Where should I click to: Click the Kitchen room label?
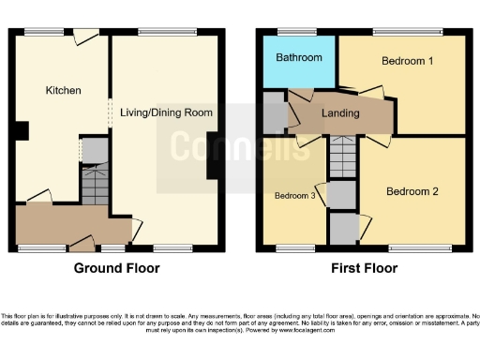(64, 91)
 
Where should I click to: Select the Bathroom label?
(299, 58)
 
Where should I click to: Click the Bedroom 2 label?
(412, 191)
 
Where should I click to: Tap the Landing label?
(340, 113)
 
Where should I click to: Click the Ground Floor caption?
(117, 268)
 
